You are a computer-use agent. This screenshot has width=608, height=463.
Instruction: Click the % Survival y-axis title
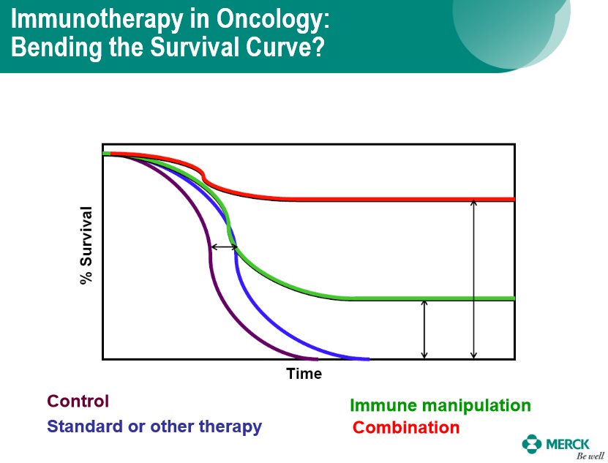pos(86,245)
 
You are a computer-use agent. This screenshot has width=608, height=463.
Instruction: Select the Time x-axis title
pos(304,374)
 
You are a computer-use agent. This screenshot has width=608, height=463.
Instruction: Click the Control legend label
pos(78,401)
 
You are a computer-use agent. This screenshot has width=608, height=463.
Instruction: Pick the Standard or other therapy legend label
pos(154,426)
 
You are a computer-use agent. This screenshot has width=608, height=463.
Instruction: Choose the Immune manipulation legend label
pos(440,406)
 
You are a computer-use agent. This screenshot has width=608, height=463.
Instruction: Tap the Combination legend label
pos(406,427)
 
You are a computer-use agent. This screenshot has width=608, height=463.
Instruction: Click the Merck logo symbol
pos(532,444)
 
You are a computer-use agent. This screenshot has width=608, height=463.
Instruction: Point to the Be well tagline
pos(590,456)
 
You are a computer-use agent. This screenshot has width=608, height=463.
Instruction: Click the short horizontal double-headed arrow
pos(224,246)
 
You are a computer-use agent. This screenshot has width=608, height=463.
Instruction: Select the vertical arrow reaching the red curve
pos(473,279)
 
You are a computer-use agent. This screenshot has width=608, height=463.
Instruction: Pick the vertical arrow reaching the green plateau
pos(424,329)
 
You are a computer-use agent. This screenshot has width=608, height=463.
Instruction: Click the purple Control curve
pos(209,252)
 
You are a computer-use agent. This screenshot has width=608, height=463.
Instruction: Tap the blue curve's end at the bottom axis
pos(368,359)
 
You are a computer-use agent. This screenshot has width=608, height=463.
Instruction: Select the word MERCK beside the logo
pos(567,444)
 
